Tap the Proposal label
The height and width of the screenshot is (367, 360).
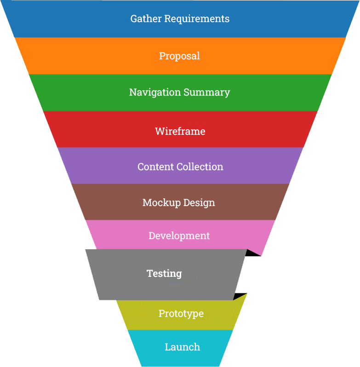point(179,56)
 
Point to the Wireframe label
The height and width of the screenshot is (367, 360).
point(180,131)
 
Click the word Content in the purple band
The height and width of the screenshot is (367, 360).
point(154,166)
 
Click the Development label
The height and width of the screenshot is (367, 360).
point(179,235)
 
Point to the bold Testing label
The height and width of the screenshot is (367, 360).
point(164,273)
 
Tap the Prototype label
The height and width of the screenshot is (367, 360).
point(181,313)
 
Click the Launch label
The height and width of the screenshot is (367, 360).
point(182,347)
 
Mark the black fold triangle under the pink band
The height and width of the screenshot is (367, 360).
point(253,252)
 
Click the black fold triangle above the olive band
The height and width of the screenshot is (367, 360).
point(240,296)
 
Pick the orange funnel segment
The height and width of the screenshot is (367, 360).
point(92,56)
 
